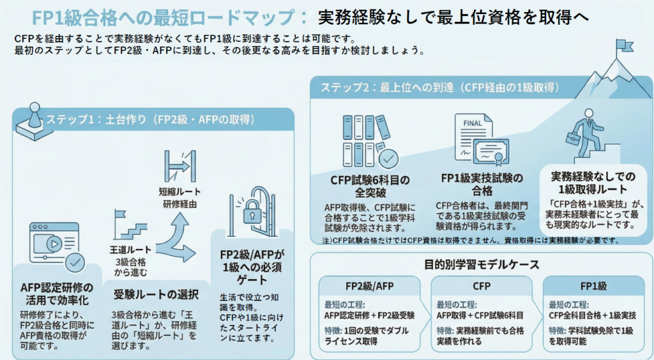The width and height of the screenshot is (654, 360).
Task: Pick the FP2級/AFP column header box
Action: tap(369, 285)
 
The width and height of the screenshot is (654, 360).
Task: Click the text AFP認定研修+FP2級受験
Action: tap(369, 315)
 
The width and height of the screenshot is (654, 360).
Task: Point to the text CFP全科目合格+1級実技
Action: tap(592, 315)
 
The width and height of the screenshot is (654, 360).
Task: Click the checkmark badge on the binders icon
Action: tap(388, 157)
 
